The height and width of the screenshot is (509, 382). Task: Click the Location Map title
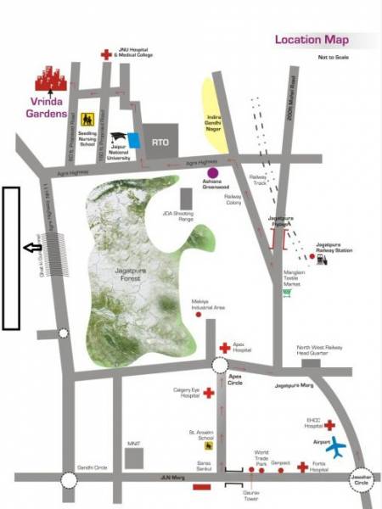[311, 39]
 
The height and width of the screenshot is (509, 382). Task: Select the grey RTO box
[158, 141]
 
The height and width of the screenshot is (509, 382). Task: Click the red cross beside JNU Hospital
[105, 53]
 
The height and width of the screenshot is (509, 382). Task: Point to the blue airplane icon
[339, 445]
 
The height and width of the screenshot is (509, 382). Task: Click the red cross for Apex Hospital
[224, 348]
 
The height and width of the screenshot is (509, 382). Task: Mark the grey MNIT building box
[134, 458]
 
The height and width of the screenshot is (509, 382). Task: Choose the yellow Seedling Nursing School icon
[86, 120]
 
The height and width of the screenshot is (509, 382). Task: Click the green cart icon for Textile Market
[287, 294]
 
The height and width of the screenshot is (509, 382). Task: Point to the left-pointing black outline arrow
[31, 248]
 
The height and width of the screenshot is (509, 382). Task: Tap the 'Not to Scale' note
[333, 58]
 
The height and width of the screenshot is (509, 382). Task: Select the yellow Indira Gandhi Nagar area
[210, 114]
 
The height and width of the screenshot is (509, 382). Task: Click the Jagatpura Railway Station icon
[322, 260]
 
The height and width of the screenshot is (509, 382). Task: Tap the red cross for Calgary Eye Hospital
[208, 392]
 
